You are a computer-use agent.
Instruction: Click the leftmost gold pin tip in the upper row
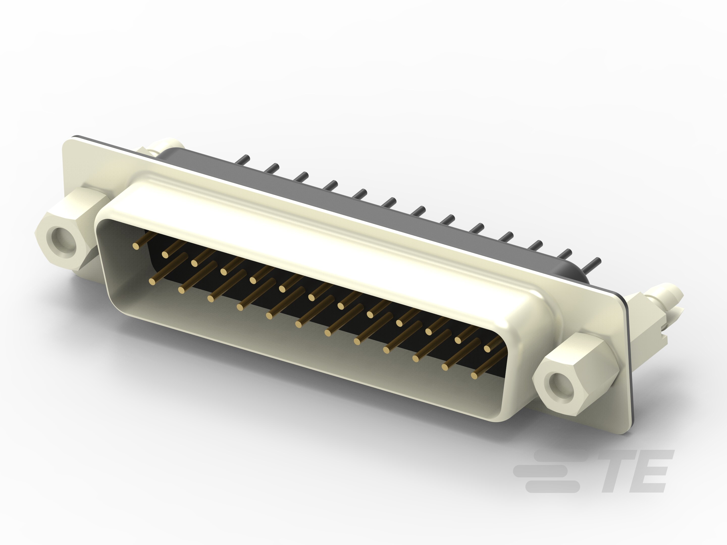coord(135,246)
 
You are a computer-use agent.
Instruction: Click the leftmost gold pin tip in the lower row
coord(152,281)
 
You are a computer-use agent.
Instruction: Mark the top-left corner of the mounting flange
coord(64,142)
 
